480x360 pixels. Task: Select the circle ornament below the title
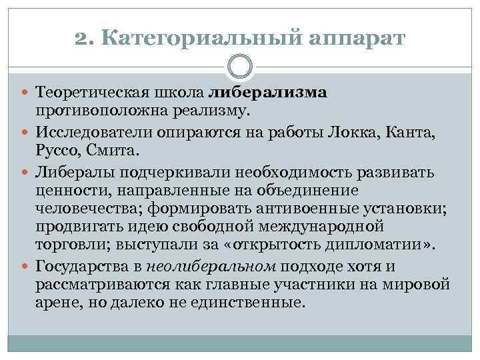coord(240,67)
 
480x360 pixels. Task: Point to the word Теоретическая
coord(85,92)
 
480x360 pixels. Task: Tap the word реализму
coord(209,109)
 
